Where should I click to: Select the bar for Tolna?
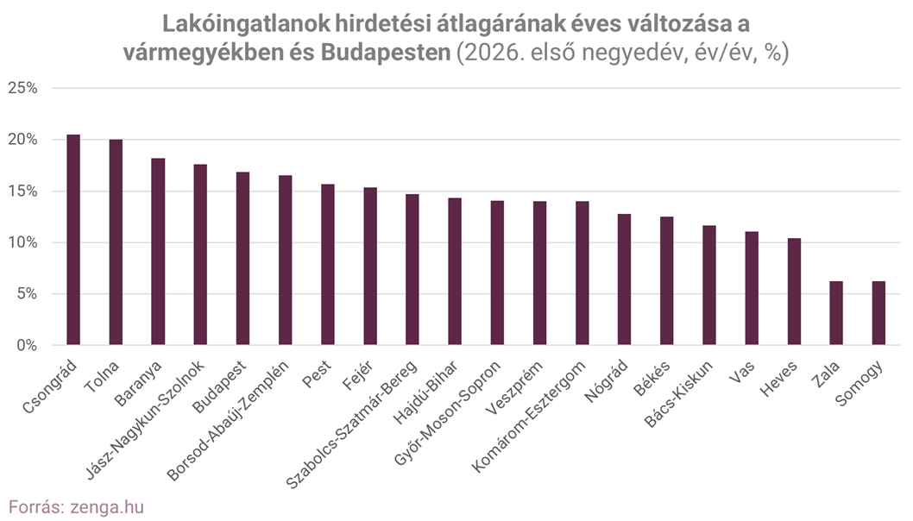click(116, 242)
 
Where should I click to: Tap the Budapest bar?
click(242, 259)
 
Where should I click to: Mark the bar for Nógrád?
click(624, 279)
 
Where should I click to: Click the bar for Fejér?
click(369, 267)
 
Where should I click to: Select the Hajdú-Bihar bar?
click(454, 272)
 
